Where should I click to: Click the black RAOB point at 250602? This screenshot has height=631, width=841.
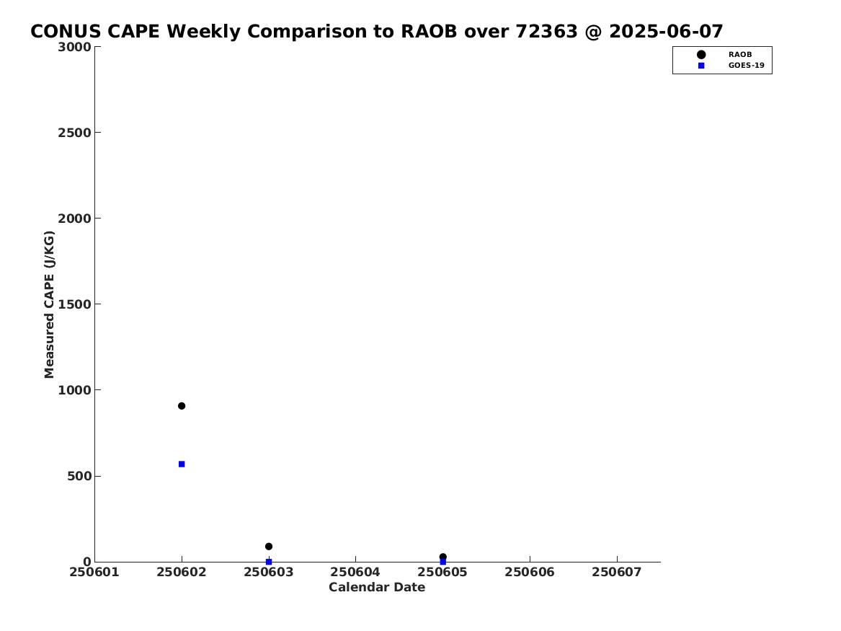click(x=182, y=405)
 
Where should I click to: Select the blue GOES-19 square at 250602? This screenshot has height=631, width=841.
click(x=182, y=464)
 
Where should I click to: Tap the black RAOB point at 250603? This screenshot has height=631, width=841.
click(x=269, y=546)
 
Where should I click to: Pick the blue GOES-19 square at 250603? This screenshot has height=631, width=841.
click(x=269, y=562)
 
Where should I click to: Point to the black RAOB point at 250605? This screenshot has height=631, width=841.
click(x=442, y=557)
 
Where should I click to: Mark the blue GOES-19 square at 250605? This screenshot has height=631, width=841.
click(x=442, y=562)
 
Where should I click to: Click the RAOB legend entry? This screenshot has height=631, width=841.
click(x=724, y=55)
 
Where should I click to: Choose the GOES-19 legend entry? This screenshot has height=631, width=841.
click(x=730, y=66)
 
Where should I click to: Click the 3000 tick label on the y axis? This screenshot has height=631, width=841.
click(x=74, y=47)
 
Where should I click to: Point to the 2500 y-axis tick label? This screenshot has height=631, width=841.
click(x=74, y=133)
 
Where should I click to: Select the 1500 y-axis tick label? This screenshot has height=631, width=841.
click(x=74, y=304)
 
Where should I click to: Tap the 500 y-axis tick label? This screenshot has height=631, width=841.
click(x=79, y=476)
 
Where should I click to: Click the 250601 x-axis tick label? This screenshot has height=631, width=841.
click(x=94, y=572)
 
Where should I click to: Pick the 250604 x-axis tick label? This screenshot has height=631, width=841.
click(x=355, y=572)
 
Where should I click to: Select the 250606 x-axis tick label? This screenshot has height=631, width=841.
click(x=530, y=572)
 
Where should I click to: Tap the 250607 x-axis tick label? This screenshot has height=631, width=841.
click(x=617, y=572)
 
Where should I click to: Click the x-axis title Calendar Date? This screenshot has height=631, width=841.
click(x=377, y=588)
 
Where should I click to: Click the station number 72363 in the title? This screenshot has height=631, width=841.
click(x=546, y=32)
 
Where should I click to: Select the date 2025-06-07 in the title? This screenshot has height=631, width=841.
click(x=666, y=32)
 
